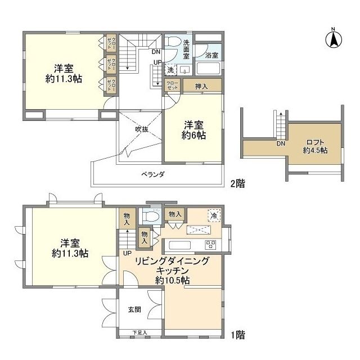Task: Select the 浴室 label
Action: pos(211,55)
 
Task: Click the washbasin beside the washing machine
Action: pos(184,71)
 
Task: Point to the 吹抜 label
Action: pos(141,129)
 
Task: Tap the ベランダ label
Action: pos(152,175)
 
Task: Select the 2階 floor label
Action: pos(237,183)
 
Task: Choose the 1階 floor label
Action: pos(237,335)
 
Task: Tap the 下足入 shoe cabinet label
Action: pos(139,333)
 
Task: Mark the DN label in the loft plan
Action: pos(280,143)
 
